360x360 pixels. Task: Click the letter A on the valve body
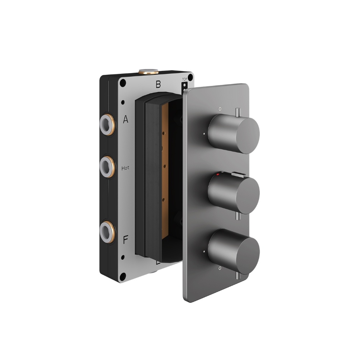coord(125,120)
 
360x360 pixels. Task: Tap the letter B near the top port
coord(158,85)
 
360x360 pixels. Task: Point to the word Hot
coord(125,168)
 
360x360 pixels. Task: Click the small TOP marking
coord(185,80)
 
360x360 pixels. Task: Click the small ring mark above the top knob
coord(220,108)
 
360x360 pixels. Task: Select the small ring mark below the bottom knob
coord(220,268)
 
